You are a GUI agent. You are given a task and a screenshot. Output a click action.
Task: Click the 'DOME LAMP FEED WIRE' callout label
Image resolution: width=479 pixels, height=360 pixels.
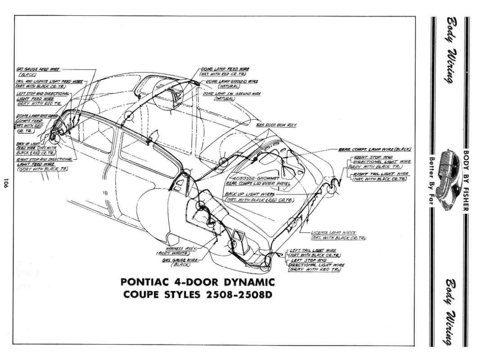(225, 69)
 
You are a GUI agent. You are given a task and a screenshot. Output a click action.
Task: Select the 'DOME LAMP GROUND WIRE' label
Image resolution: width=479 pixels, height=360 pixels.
(235, 81)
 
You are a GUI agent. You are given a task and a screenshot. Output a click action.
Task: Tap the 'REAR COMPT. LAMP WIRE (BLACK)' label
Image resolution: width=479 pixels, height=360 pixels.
(376, 149)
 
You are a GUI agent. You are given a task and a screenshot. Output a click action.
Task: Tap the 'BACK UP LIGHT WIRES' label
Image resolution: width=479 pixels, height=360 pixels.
(244, 194)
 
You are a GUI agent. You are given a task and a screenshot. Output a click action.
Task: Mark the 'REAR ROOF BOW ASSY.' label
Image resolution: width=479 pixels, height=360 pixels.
(276, 125)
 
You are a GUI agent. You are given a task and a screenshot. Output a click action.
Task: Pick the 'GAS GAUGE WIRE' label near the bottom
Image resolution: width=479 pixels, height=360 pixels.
(179, 260)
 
